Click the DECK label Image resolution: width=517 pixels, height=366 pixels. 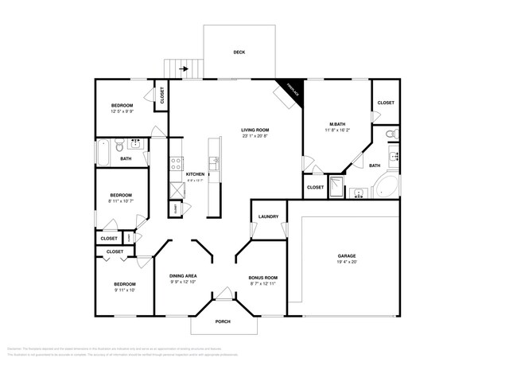pos(239,53)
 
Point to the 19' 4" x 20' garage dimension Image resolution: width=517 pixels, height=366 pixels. pos(348,262)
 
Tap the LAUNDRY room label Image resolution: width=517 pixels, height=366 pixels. pos(268,216)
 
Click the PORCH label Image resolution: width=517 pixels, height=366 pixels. pos(224,321)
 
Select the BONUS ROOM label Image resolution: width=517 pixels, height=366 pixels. pos(262,278)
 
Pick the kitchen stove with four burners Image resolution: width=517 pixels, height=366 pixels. pos(173,165)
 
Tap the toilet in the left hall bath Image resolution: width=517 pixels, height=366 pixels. pos(119,145)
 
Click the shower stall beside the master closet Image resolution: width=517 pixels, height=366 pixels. pos(336,188)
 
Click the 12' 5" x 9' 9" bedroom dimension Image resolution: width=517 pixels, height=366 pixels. pos(122,112)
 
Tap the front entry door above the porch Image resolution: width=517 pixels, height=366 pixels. pos(224,298)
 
